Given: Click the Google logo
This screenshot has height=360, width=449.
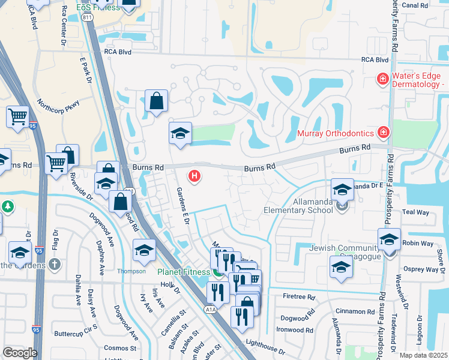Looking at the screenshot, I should (x=19, y=353).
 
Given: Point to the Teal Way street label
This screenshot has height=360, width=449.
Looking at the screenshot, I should (x=416, y=212).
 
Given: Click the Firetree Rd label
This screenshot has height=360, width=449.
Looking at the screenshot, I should (x=298, y=297).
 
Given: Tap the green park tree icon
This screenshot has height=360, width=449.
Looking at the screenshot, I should (x=7, y=207).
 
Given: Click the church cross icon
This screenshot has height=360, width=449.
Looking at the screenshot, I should (x=54, y=264).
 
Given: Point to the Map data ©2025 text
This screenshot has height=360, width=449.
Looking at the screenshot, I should (x=423, y=355).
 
